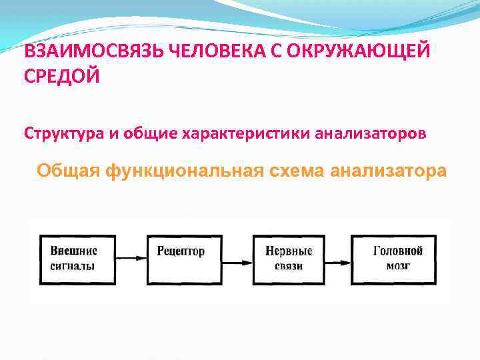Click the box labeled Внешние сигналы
pos(77,258)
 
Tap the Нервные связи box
pos(288,258)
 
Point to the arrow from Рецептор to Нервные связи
pos(235,258)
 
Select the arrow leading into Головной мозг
pos(342,258)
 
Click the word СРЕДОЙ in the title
pos(62,77)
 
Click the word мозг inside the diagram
pos(398,265)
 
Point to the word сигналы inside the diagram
pos(73,265)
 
